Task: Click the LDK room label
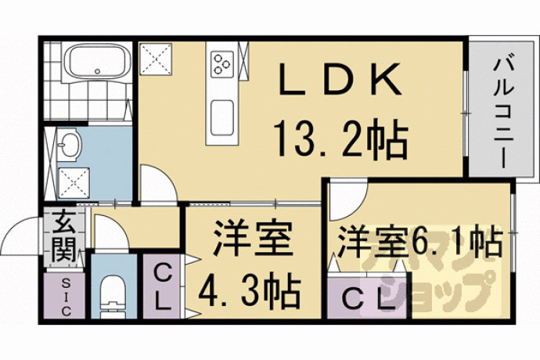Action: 340,79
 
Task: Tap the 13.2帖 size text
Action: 341,139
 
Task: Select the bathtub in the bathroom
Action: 97,63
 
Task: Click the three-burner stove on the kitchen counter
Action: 222,64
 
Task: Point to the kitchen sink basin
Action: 222,117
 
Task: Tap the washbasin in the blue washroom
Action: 69,144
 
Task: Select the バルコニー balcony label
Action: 503,113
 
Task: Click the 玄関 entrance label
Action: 64,237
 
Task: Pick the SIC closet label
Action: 65,297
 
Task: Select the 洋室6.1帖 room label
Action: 419,241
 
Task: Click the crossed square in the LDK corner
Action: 156,59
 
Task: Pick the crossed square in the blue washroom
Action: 74,183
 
